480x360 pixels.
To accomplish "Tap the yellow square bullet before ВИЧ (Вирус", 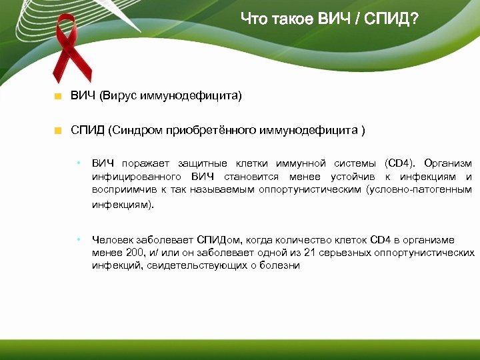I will pyautogui.click(x=58, y=97).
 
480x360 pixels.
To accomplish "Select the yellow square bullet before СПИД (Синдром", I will pyautogui.click(x=58, y=130).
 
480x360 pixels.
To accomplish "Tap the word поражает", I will pyautogui.click(x=146, y=164).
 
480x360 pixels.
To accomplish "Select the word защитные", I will pyautogui.click(x=203, y=164).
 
